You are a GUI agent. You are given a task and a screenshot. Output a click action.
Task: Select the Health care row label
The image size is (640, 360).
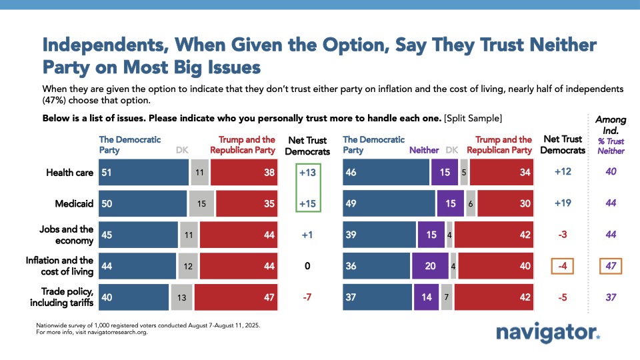coord(70,172)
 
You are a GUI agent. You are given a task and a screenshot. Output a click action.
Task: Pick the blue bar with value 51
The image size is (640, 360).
coord(144,172)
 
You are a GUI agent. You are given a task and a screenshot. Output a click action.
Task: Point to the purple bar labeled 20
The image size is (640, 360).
coord(430,266)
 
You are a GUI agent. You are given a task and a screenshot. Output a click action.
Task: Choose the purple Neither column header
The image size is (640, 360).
coord(424,151)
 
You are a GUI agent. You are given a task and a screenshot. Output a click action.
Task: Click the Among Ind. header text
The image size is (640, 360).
coord(611,124)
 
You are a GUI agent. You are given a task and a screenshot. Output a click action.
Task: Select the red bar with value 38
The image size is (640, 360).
coord(243,172)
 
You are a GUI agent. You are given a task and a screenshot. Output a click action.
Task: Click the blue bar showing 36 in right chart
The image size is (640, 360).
coord(376,266)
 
